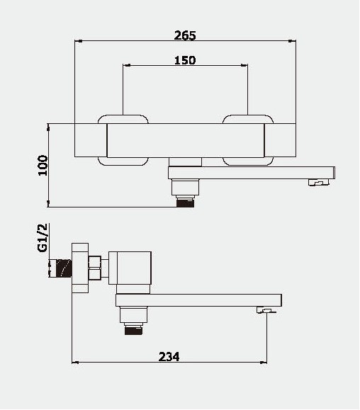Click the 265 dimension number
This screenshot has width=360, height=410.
[x=185, y=35]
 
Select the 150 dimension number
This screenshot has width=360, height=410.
[x=185, y=60]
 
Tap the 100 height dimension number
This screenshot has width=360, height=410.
[x=43, y=166]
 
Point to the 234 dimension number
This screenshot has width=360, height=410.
[x=169, y=357]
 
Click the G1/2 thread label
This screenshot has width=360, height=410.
[x=43, y=238]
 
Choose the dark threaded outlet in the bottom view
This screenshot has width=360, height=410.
[x=134, y=330]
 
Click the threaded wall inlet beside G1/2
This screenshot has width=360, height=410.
[x=64, y=268]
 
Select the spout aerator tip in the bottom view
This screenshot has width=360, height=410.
[x=266, y=310]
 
